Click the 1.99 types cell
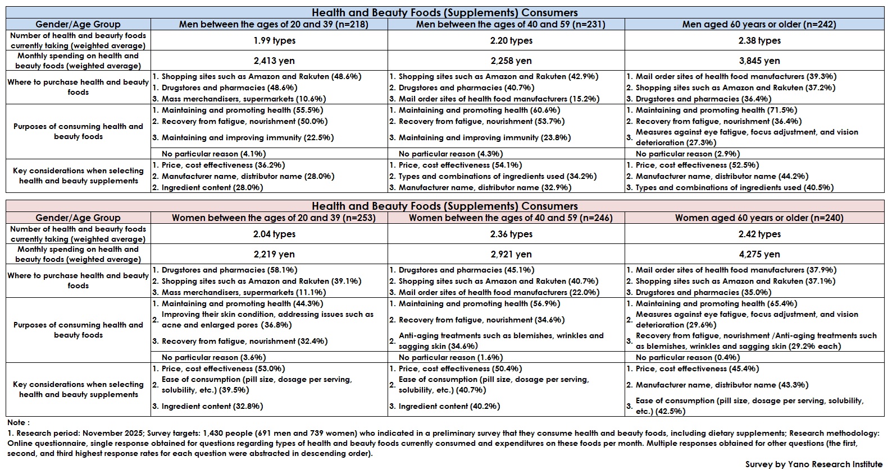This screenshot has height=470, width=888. pos(274,40)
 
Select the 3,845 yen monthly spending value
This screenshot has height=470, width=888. pos(759,61)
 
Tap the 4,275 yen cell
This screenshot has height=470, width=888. pos(759,254)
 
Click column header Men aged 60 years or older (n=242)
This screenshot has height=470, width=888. pos(759,24)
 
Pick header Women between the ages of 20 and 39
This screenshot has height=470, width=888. pos(274,218)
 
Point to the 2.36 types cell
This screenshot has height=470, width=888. pos(511,234)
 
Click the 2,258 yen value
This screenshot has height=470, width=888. pos(511,61)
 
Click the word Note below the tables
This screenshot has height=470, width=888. pos(18,422)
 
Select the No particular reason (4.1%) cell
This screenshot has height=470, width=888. pos(213,154)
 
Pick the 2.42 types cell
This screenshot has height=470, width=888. pos(759,234)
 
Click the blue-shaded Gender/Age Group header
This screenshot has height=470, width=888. pos(78,24)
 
